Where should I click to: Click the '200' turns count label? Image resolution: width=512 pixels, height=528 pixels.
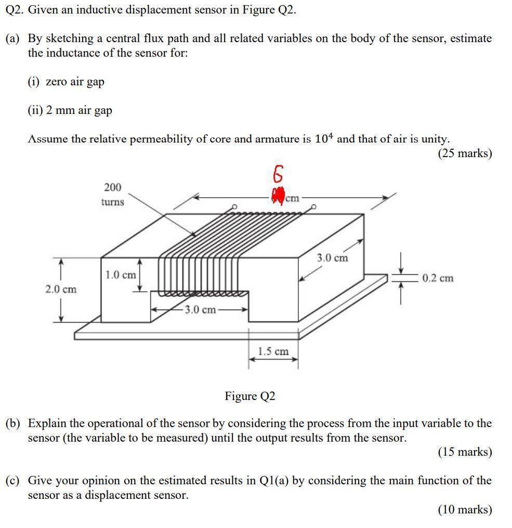112,187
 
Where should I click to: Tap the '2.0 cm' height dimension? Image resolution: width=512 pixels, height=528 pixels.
61,289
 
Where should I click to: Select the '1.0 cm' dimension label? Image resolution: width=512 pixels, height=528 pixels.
121,275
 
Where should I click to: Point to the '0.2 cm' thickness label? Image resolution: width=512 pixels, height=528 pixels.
437,278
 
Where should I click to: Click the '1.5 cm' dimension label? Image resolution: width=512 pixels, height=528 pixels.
273,351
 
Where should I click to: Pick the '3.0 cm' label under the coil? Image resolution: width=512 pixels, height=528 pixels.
200,310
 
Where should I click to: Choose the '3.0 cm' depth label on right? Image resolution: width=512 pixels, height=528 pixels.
332,257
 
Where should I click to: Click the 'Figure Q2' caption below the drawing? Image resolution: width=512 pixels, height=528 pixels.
250,396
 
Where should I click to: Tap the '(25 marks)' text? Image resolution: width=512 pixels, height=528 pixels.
464,153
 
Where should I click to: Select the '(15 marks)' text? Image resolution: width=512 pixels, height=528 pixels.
464,452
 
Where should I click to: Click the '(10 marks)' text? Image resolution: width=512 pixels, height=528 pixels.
464,509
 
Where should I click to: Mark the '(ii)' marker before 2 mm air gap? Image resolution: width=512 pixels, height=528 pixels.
36,110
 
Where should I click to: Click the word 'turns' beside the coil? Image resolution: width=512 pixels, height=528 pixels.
112,202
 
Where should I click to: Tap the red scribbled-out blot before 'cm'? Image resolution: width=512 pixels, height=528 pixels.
278,196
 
